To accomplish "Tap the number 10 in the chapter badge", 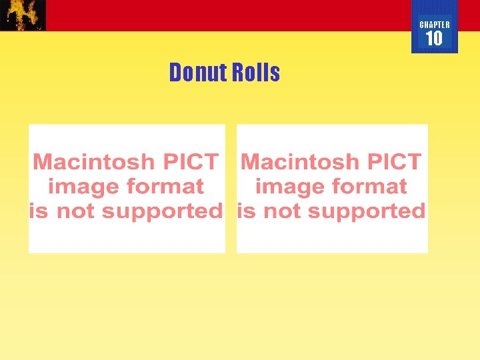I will pos(434,39).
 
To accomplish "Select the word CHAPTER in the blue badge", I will pos(435,25).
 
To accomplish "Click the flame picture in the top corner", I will pos(23,15).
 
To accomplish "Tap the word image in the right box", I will pos(285,187).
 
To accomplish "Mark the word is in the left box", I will pos(39,212).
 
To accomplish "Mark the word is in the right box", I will pos(245,212).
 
